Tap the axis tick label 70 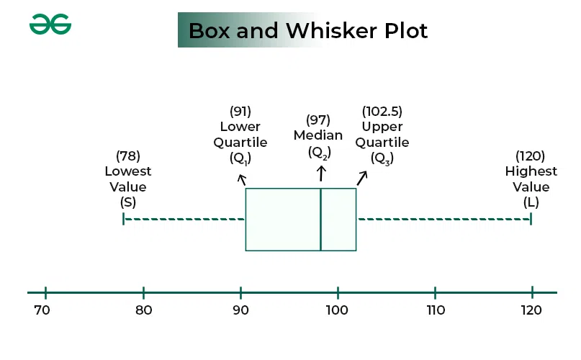click(x=42, y=310)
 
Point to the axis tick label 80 click(x=143, y=310)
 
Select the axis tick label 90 click(x=240, y=310)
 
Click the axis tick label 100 click(x=337, y=310)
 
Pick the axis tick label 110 click(x=435, y=310)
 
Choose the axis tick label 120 click(x=531, y=310)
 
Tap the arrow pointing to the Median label click(x=321, y=173)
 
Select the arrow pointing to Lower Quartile click(x=242, y=179)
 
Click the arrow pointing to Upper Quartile click(x=362, y=177)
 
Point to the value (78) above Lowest click(x=128, y=156)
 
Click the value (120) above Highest click(x=531, y=156)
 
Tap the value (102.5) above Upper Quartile click(x=382, y=112)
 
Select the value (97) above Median click(x=318, y=120)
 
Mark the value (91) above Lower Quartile click(x=240, y=112)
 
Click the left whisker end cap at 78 click(x=123, y=219)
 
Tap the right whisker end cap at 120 click(x=531, y=219)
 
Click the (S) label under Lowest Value click(x=128, y=202)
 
